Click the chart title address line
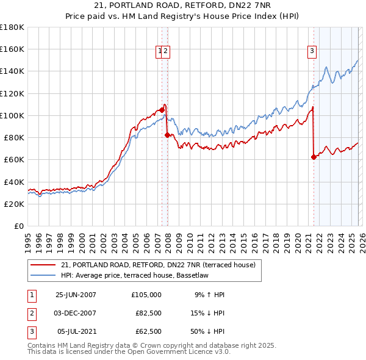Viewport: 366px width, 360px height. pyautogui.click(x=183, y=5)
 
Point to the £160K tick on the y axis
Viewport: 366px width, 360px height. pyautogui.click(x=13, y=49)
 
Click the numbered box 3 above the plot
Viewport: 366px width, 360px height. pyautogui.click(x=312, y=52)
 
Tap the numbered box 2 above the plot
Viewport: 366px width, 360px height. pyautogui.click(x=166, y=52)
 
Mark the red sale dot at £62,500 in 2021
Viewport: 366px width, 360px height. pyautogui.click(x=314, y=157)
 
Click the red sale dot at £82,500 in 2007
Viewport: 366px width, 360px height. pyautogui.click(x=167, y=135)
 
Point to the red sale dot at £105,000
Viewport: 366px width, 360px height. pyautogui.click(x=162, y=110)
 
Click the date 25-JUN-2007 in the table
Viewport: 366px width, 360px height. pyautogui.click(x=76, y=295)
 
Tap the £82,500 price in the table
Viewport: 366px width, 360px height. pyautogui.click(x=148, y=313)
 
